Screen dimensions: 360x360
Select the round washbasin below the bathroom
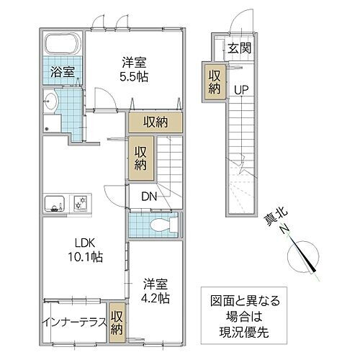point(51,100)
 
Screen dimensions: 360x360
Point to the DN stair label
point(148,197)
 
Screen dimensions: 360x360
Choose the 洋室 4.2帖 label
point(156,290)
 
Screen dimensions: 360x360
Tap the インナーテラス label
point(74,322)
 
